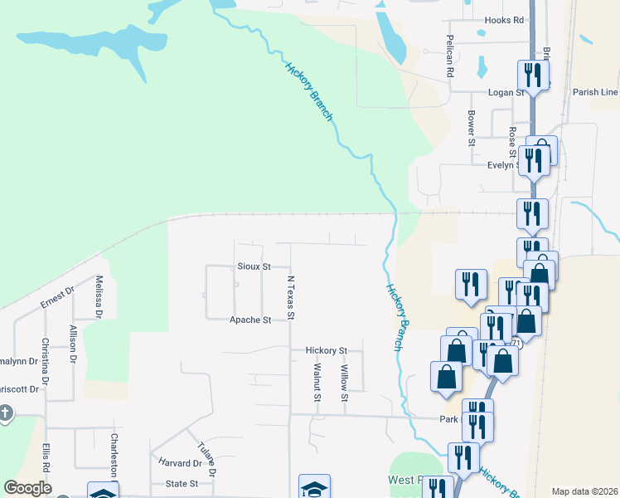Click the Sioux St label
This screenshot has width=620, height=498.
coord(254,267)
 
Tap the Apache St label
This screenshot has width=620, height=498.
coord(250,320)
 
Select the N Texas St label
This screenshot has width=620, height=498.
coord(291,298)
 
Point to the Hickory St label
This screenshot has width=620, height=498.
coord(326,351)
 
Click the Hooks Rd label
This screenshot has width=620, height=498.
coord(505,20)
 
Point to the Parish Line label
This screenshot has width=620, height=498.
coord(595,92)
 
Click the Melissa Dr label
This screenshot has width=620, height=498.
coord(99,297)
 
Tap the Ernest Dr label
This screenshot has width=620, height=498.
coord(57,298)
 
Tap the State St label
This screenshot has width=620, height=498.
coord(182,483)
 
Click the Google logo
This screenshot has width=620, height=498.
coord(27,488)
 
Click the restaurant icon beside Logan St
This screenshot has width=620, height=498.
coord(531,76)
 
